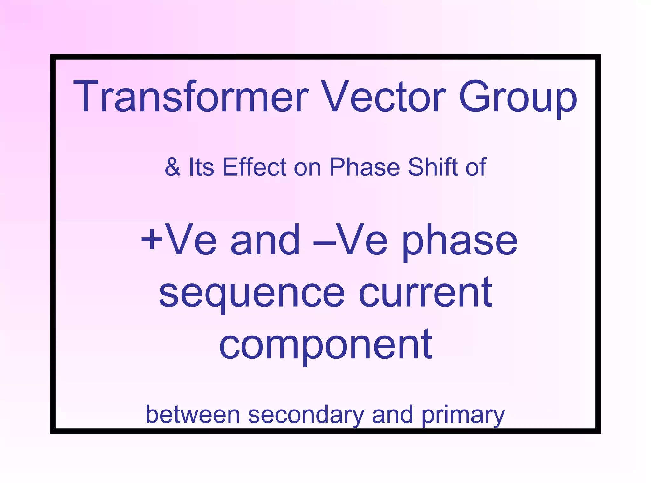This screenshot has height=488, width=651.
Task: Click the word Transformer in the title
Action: coord(191,97)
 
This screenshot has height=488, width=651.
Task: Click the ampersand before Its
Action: coord(173,167)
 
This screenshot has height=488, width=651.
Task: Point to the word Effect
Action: coord(254,167)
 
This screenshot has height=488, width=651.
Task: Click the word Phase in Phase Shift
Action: coord(364,167)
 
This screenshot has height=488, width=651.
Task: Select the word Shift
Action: coord(433,167)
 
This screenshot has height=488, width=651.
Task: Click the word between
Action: coord(193,415)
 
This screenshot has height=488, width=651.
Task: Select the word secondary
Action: coord(306,415)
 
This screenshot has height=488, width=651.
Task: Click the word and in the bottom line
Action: coord(392,415)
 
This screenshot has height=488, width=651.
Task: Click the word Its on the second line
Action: coord(201,167)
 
